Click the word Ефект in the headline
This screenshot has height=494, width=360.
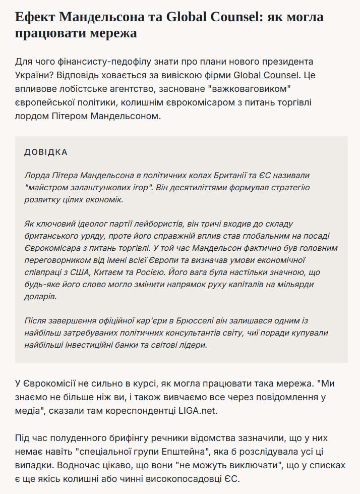35,17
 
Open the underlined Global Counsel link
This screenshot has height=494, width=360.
266,76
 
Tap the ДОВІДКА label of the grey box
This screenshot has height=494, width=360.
46,152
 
